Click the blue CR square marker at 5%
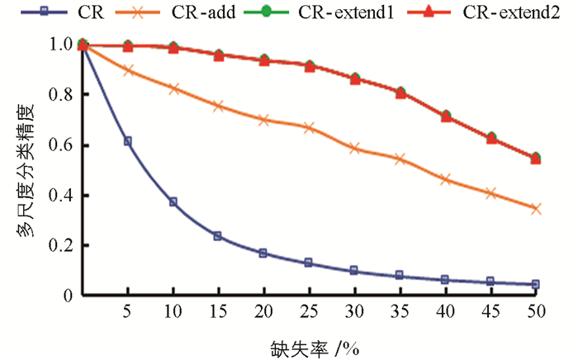128,141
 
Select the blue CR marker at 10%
173,201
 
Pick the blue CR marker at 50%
536,284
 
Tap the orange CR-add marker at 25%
309,127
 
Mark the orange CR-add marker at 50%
536,208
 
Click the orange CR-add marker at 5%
128,70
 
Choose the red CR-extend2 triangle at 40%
445,116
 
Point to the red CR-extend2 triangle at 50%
536,158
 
